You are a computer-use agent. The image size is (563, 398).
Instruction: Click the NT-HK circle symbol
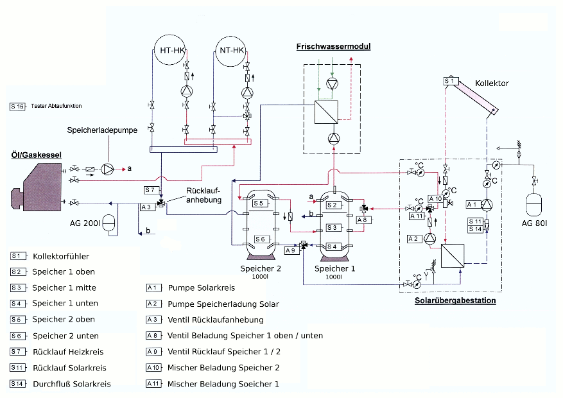click(230, 51)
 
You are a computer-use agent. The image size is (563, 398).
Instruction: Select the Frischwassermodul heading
click(333, 46)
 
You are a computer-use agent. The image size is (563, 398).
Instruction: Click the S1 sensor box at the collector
click(451, 82)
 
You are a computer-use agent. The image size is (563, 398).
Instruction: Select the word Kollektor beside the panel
click(492, 83)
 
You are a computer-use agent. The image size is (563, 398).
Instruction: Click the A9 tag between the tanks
click(290, 250)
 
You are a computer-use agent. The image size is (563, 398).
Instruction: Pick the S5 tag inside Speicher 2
click(258, 203)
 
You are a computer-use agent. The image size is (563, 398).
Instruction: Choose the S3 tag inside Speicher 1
click(332, 227)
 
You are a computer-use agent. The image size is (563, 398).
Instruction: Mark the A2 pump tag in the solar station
click(415, 238)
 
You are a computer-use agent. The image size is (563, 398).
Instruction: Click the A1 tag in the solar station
click(473, 204)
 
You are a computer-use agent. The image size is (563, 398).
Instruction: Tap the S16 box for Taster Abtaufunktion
click(17, 106)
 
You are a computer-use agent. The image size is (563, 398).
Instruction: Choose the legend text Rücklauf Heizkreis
click(67, 351)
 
